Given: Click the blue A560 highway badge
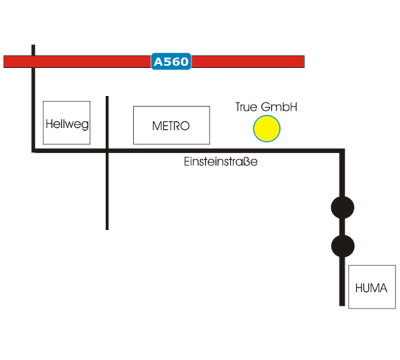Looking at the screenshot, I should point(172,62).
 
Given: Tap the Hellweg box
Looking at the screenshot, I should point(67,123).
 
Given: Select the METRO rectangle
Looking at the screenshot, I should point(171,125).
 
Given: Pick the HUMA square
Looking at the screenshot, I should point(371,287).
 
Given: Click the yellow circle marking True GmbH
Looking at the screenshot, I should point(267,129).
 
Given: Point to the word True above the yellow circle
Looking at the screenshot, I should point(247,107).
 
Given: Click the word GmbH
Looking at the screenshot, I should point(279,107).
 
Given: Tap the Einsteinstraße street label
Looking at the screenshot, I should point(221,162).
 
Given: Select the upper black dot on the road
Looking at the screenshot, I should point(343,207).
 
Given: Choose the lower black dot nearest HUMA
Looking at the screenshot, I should point(343,246).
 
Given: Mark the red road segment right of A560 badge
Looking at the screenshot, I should point(247,62).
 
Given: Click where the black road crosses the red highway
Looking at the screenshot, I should point(33,62).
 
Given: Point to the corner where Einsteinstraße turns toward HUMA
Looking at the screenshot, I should point(343,152).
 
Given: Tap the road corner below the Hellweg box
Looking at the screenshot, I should point(34,151).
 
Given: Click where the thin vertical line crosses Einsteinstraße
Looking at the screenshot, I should point(107,151).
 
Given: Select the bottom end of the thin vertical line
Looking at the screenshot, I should point(107,229).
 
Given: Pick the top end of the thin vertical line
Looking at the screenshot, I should point(107,97).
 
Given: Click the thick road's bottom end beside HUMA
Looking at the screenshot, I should point(343,304).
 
